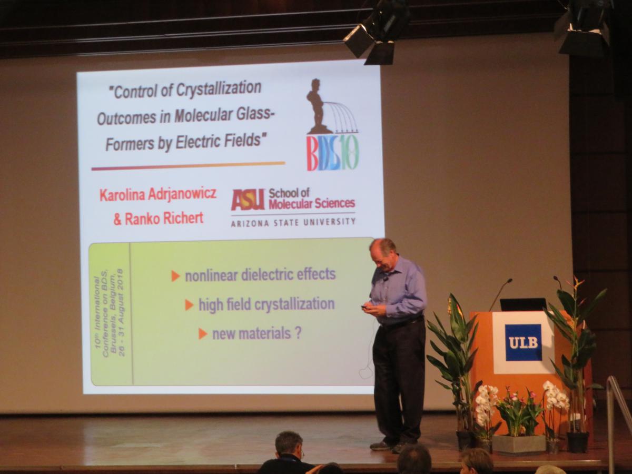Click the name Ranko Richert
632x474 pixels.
coord(159,219)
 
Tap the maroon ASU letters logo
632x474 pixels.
coord(248,200)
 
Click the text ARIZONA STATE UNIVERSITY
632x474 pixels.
coord(293,222)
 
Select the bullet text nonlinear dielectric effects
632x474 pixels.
coord(260,274)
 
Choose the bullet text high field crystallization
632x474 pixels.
coord(266,304)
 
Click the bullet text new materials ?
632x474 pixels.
coord(257,334)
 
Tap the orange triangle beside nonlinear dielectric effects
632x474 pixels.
coord(175,276)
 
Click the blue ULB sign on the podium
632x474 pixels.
coord(524,342)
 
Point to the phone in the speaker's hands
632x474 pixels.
coord(366,308)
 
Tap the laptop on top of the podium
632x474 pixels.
coord(522,304)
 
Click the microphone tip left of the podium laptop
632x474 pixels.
coord(510,280)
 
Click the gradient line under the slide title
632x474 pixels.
coord(188,166)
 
